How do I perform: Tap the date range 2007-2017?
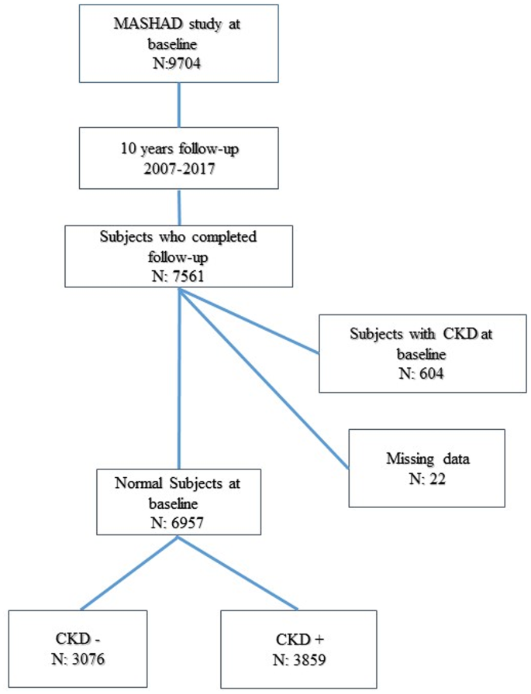click(x=179, y=164)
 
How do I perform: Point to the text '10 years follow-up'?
click(x=179, y=147)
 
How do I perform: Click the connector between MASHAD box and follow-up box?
click(x=179, y=103)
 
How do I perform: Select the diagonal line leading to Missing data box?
click(x=264, y=380)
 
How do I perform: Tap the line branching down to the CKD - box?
click(x=128, y=573)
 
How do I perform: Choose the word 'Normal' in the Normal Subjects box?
click(x=139, y=483)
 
